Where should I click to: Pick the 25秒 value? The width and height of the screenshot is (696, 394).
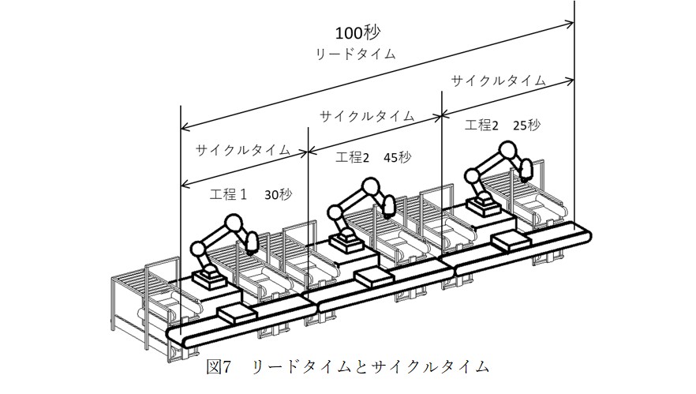tap(526, 125)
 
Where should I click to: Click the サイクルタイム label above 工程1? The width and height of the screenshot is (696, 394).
tap(242, 149)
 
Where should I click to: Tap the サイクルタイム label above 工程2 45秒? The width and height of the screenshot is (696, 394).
tap(366, 115)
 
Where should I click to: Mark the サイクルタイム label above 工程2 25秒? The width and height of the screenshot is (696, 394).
tap(498, 81)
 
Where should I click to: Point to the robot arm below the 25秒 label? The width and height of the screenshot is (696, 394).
tap(493, 175)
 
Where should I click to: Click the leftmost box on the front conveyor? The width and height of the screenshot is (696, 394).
tap(237, 313)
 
